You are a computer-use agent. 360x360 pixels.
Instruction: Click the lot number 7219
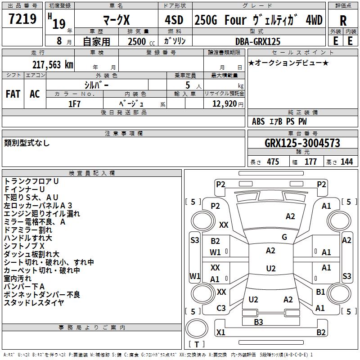click(22, 19)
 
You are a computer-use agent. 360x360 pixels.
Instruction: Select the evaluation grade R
click(343, 21)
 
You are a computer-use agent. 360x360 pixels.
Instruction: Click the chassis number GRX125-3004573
click(302, 143)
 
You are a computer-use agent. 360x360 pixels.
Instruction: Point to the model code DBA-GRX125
click(257, 41)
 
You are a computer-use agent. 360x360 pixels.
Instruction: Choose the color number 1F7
click(74, 103)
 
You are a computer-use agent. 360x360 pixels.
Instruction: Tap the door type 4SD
click(175, 20)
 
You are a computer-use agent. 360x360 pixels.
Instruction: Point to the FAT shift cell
click(13, 94)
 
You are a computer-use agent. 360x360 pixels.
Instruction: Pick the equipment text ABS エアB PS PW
click(279, 121)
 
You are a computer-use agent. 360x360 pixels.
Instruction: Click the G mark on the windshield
click(284, 237)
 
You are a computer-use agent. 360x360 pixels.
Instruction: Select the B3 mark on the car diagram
click(258, 322)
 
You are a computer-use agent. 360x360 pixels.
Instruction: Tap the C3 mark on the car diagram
click(221, 308)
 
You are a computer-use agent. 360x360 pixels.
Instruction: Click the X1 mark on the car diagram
click(220, 333)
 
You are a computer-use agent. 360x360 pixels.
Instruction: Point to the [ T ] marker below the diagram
click(196, 344)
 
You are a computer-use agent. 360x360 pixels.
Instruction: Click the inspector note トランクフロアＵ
click(31, 181)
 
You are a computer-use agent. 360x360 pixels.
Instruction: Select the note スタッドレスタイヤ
click(33, 302)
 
